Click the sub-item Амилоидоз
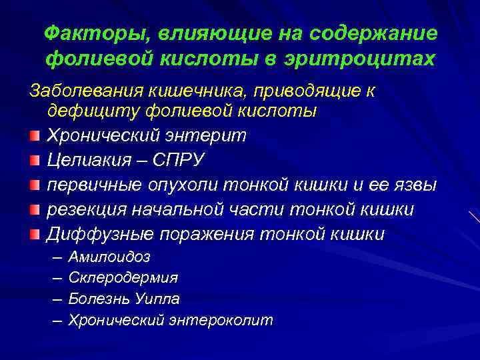[109, 257]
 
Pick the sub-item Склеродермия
[123, 277]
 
